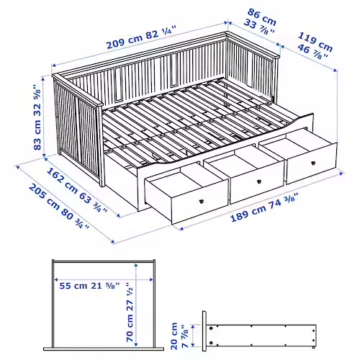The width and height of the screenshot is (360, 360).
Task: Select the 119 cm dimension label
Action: tap(316, 38)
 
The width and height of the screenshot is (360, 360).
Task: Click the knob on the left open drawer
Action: tap(201, 201)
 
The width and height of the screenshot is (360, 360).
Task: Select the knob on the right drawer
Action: tap(311, 163)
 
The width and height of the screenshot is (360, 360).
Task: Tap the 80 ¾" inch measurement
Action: tap(77, 218)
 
